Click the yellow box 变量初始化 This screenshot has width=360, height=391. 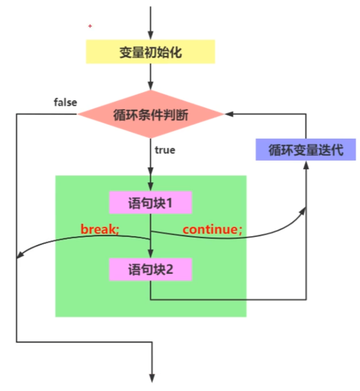[151, 52]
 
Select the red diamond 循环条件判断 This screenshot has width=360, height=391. [151, 115]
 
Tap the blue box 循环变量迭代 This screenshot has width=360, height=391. [306, 150]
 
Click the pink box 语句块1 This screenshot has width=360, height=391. [151, 202]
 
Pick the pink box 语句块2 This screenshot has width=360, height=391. [151, 269]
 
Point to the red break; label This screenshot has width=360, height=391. [100, 229]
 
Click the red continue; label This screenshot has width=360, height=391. [212, 229]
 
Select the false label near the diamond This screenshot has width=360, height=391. [65, 103]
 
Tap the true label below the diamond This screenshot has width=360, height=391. [165, 150]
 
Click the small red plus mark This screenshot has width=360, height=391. [90, 26]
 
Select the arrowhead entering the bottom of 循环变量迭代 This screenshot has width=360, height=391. [306, 165]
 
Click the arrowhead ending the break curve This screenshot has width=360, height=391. [20, 255]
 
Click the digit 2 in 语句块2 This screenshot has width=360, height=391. [169, 269]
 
